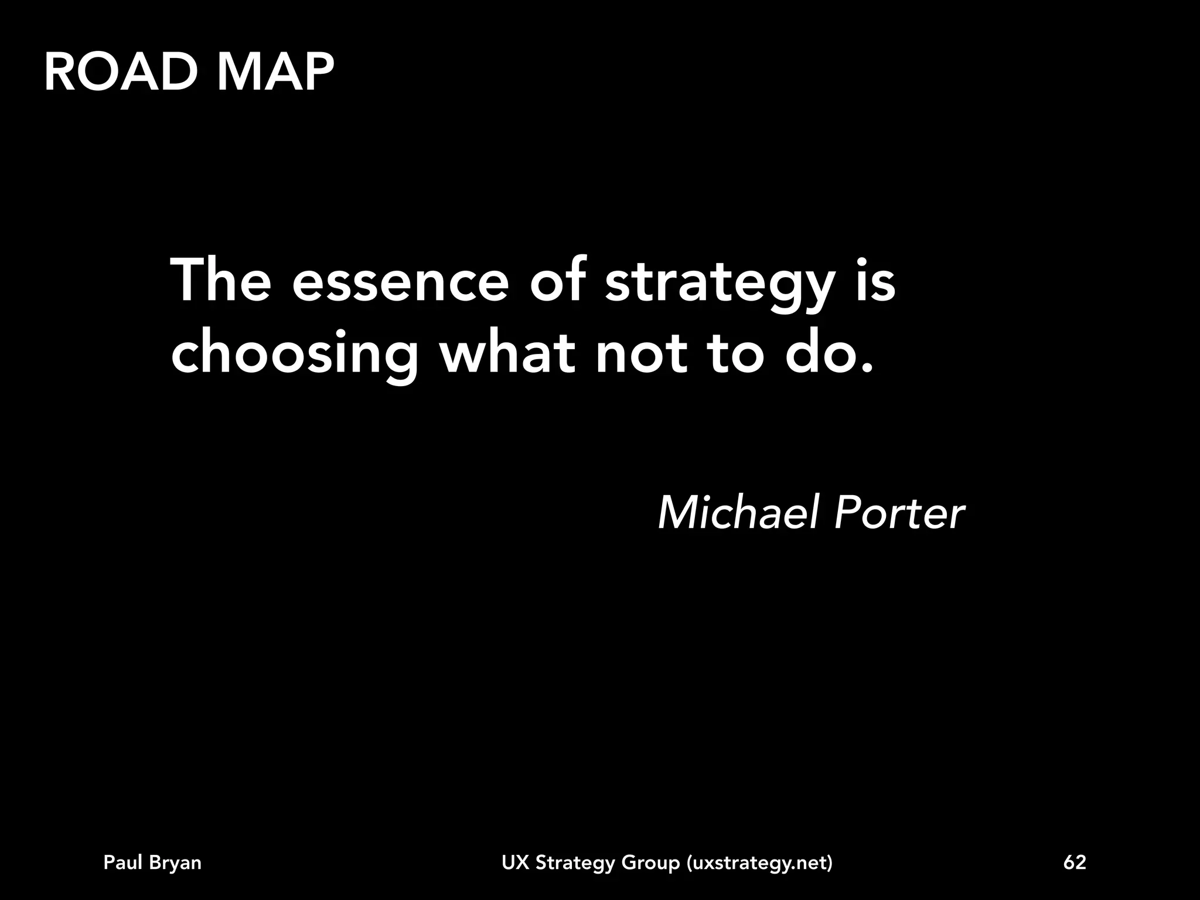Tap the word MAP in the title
coord(275,73)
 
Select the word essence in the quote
coord(400,282)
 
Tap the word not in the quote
coord(641,354)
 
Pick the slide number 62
coord(1075,862)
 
